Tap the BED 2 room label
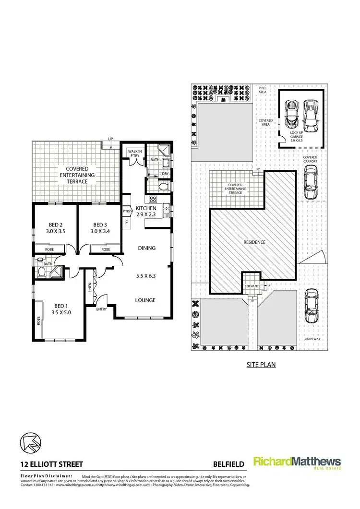coord(57,228)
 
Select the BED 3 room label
coord(99,228)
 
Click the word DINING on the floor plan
coord(146,248)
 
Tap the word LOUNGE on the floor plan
coord(145,300)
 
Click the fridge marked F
coord(127,223)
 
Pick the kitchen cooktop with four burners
coord(154,199)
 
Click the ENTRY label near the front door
coord(101,309)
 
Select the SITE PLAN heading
coord(261,365)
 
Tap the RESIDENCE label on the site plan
coord(254,242)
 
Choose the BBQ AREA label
coord(262,90)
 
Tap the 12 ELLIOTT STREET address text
coord(52,464)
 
